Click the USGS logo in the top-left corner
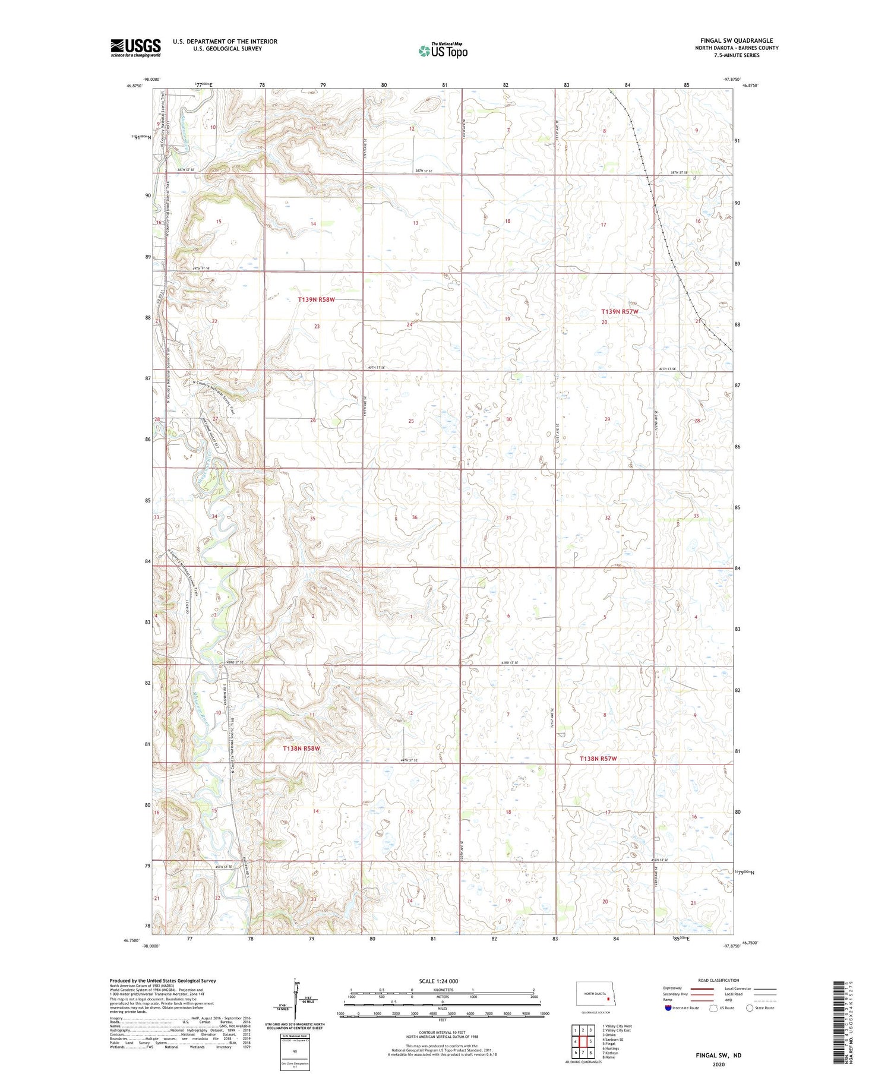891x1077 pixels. pyautogui.click(x=135, y=48)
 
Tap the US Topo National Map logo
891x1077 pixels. pyautogui.click(x=443, y=51)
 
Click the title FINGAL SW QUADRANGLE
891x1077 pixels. pyautogui.click(x=736, y=40)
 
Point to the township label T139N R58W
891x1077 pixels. pyautogui.click(x=316, y=300)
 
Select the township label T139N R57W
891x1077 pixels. pyautogui.click(x=620, y=311)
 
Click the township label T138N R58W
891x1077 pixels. pyautogui.click(x=301, y=748)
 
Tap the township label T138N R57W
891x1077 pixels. pyautogui.click(x=598, y=759)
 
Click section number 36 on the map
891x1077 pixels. pyautogui.click(x=415, y=517)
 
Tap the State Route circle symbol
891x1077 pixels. pyautogui.click(x=750, y=1007)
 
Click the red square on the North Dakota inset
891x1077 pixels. pyautogui.click(x=608, y=999)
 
